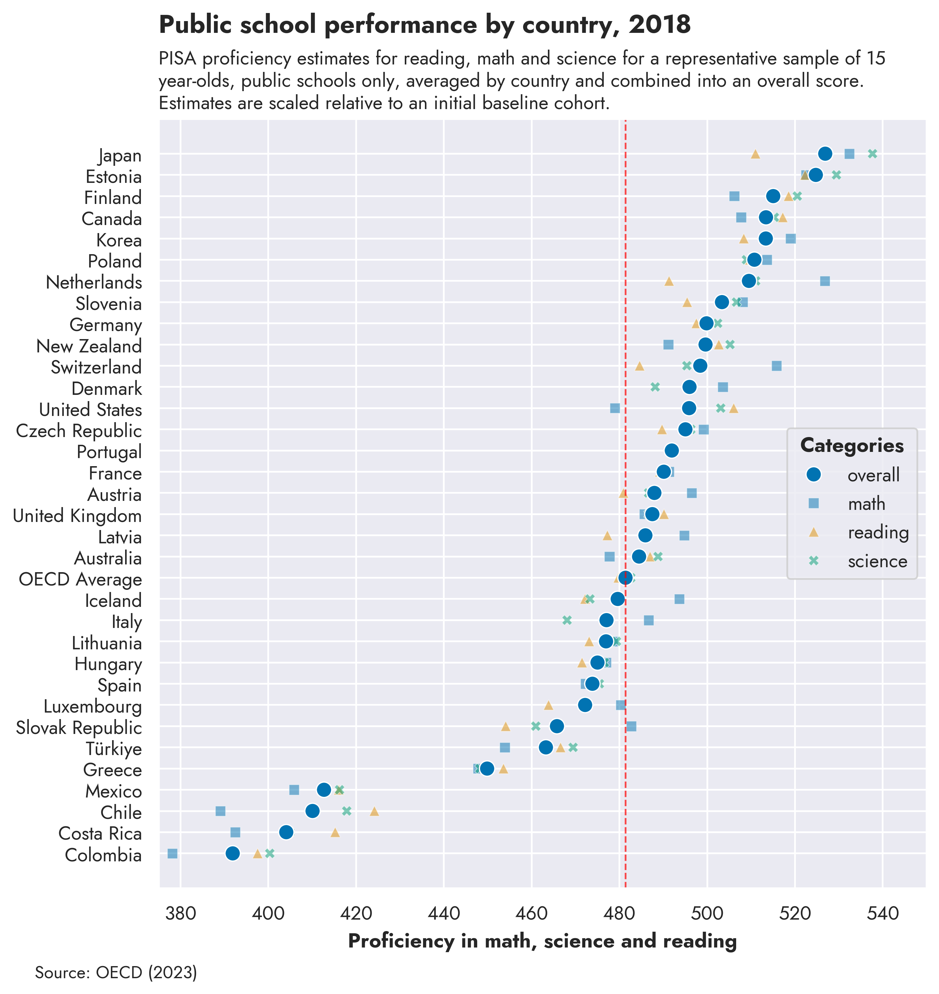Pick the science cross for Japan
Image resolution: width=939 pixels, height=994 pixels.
tap(872, 154)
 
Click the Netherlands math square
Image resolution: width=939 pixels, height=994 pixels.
tap(825, 281)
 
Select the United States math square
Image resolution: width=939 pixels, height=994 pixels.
tap(615, 408)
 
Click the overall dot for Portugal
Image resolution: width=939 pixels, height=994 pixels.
tap(672, 451)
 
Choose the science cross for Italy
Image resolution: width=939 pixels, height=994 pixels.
tap(567, 620)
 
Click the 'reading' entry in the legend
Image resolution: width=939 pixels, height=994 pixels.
tap(878, 532)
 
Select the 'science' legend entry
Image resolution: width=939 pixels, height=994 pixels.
tap(877, 561)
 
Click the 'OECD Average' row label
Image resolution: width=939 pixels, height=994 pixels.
tap(80, 580)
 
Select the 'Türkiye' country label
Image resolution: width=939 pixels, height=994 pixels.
tap(114, 749)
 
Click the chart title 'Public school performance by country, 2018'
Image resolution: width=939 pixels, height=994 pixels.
tap(425, 25)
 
